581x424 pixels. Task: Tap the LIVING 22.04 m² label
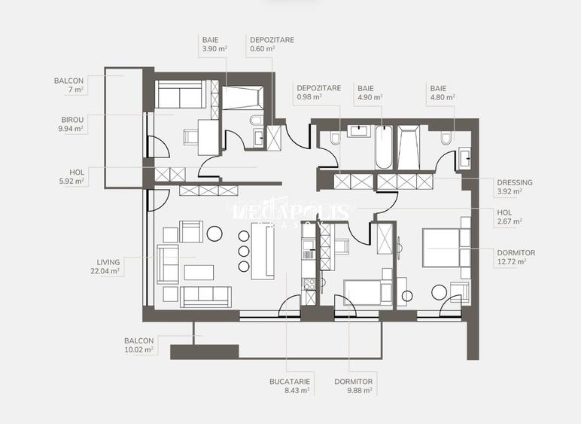105,266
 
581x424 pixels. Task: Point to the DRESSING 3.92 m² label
515,187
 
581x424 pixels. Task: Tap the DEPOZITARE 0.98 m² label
318,92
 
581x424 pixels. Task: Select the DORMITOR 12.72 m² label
516,257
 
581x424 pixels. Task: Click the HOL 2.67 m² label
510,217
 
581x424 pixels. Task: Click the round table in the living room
214,233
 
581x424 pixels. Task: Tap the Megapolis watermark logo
290,214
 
